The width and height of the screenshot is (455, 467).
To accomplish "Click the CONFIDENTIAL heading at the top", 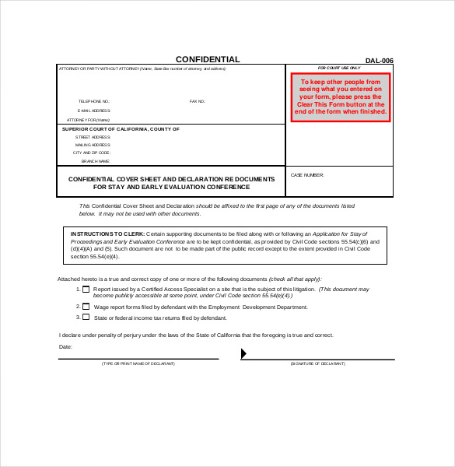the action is (x=208, y=60).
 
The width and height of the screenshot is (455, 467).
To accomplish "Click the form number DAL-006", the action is (x=380, y=61).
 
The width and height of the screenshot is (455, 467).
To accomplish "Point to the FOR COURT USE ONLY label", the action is (x=339, y=68).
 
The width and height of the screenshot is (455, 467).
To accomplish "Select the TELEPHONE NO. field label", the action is (x=93, y=102).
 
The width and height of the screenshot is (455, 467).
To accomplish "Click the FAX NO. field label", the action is (x=198, y=102).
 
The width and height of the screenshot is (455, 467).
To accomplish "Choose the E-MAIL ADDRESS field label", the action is (x=93, y=111).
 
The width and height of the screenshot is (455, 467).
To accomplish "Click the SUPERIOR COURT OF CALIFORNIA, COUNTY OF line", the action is (x=121, y=129).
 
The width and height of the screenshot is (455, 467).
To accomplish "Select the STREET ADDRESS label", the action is (x=93, y=137).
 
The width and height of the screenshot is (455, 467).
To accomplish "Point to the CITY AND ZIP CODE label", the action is (x=91, y=153).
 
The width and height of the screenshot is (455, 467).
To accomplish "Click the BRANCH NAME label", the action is (x=95, y=160).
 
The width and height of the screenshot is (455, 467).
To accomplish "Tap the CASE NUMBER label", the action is (x=306, y=175).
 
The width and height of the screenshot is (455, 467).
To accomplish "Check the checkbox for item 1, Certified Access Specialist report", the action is (x=86, y=289).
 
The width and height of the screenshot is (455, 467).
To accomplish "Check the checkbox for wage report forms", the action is (x=86, y=307).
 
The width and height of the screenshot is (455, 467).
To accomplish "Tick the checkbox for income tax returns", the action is (x=86, y=318).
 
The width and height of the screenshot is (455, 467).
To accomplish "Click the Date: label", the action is (x=65, y=346).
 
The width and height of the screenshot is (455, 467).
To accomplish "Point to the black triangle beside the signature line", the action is (x=243, y=354).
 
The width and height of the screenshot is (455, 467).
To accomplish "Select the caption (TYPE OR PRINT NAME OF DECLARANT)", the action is (x=138, y=363).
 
